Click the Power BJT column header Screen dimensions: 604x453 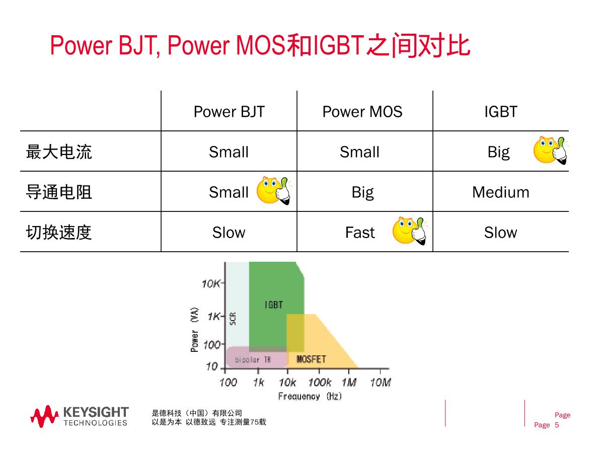[x=229, y=111]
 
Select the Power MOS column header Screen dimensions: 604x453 [x=362, y=111]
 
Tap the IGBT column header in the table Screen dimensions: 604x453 [x=501, y=111]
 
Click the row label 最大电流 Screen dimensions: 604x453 [x=59, y=152]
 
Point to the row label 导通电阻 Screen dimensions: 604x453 [x=59, y=192]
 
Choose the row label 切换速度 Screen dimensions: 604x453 [x=59, y=232]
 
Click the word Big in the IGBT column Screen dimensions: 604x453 [x=499, y=152]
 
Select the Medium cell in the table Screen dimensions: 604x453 [x=501, y=192]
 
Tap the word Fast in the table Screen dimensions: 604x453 [x=360, y=233]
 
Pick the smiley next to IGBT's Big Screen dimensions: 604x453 [x=551, y=150]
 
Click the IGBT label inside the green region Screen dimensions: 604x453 [x=273, y=305]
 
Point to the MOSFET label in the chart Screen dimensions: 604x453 [x=311, y=359]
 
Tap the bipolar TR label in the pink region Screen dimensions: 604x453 [x=253, y=359]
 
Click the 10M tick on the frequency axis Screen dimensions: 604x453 [x=381, y=383]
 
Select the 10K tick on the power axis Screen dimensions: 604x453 [x=211, y=283]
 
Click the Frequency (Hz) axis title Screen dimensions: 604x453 [x=310, y=396]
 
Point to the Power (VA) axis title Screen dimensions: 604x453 [x=195, y=329]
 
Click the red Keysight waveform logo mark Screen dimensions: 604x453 [x=44, y=416]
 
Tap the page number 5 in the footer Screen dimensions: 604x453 [x=557, y=425]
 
